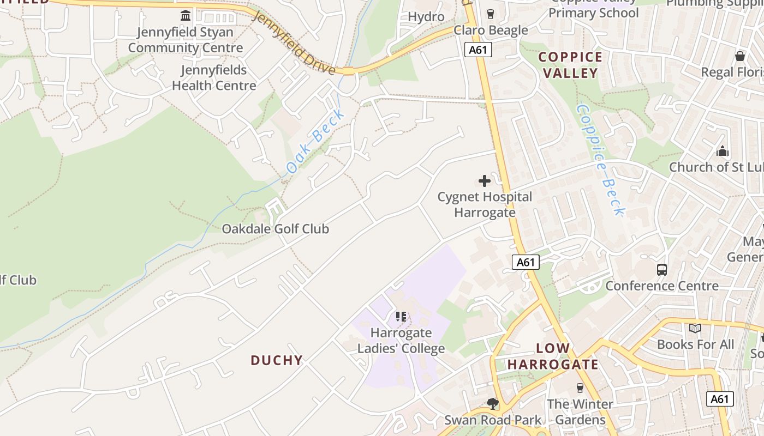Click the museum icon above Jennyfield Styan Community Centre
(186, 15)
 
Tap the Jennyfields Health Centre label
(214, 78)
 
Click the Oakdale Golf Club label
(275, 229)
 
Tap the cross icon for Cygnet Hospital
(484, 181)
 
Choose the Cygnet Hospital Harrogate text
(485, 204)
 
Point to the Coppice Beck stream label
(600, 159)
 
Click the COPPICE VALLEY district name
(570, 65)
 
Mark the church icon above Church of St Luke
(723, 151)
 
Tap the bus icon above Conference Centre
(661, 269)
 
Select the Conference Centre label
(661, 286)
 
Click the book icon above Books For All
(695, 328)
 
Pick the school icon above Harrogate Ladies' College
(401, 316)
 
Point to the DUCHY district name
(277, 360)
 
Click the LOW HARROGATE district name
(553, 356)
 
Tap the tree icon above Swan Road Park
(493, 404)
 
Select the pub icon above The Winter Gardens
(580, 388)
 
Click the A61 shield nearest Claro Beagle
(479, 50)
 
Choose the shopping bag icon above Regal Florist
(739, 56)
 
